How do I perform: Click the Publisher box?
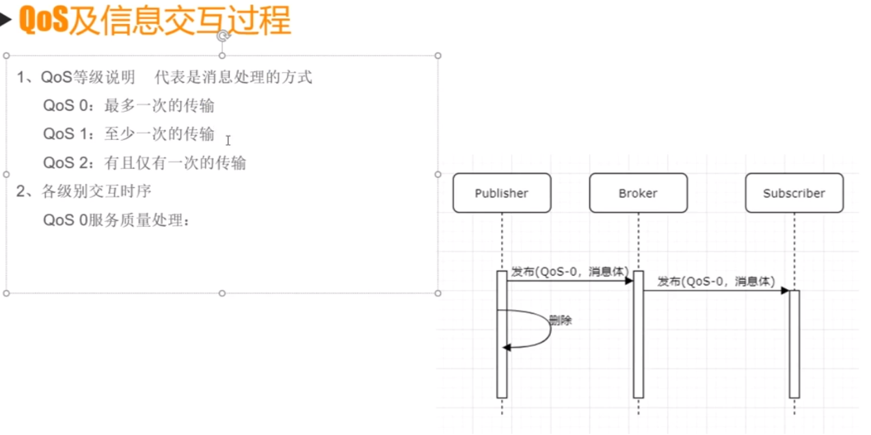502,193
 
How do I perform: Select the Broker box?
638,193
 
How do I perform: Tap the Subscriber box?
794,193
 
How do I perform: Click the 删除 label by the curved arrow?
560,321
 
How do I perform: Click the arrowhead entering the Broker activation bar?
629,281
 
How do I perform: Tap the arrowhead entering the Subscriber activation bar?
785,291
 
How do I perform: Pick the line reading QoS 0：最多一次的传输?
129,105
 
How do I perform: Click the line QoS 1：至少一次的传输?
129,134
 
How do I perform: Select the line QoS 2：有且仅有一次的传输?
144,163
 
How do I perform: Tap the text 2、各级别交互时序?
85,191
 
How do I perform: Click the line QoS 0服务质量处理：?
117,220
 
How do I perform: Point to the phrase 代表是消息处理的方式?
234,77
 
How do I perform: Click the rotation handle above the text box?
222,35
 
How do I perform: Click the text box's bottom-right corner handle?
438,293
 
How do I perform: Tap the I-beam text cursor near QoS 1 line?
228,140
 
